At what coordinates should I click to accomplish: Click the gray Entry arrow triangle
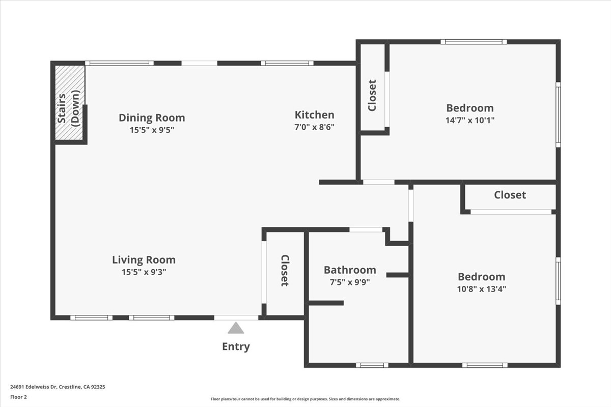236,329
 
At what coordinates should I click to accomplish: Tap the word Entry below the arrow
236,347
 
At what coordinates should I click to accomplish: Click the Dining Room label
152,118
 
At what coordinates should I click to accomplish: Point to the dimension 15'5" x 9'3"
144,272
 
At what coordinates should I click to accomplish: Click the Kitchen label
315,115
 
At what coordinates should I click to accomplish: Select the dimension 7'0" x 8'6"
315,127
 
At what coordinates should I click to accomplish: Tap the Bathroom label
350,270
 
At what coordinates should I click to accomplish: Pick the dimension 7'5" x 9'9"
350,282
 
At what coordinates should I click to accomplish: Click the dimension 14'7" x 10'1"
470,121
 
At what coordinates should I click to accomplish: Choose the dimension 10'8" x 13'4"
481,289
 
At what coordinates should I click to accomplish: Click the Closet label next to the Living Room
284,271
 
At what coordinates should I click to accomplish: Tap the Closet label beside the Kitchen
372,95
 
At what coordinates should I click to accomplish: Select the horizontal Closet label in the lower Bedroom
510,195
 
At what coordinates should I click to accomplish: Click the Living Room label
144,260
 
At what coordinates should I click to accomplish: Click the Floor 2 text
18,397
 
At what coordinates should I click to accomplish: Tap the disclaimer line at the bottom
305,399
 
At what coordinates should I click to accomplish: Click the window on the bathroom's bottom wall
372,365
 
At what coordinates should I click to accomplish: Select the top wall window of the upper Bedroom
474,42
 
